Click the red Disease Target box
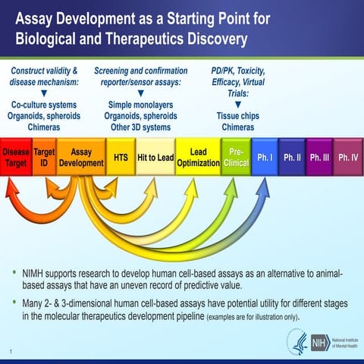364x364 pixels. coord(16,158)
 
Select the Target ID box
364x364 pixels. coord(45,158)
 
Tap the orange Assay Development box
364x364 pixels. coord(81,158)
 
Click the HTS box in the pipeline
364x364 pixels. coord(121,158)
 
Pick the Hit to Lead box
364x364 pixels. coord(155,158)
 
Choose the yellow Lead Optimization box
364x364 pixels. coord(198,158)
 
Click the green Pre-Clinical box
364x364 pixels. coord(236,158)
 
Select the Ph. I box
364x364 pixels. coord(264,158)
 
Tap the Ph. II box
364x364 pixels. coord(292,158)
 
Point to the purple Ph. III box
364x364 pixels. coord(319,158)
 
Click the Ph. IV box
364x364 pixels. coord(348,158)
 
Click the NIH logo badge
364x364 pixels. coord(319,342)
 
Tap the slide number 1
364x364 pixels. coord(13,350)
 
